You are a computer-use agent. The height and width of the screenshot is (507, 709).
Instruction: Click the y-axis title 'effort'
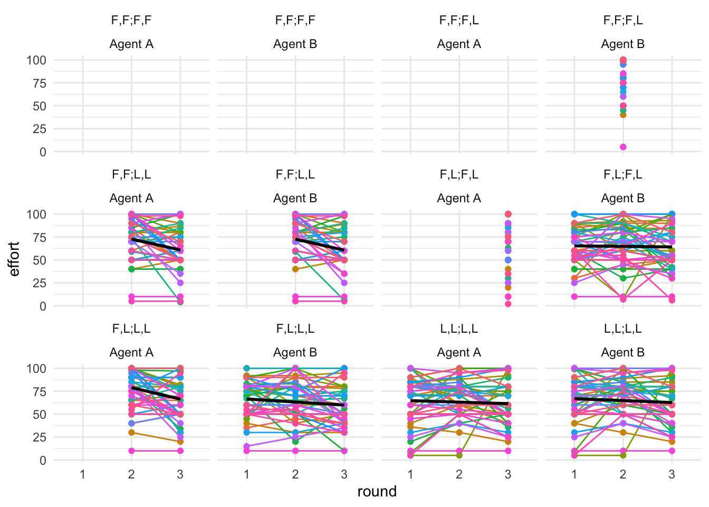pyautogui.click(x=15, y=259)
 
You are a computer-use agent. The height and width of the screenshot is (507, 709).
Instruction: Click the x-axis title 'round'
pyautogui.click(x=377, y=492)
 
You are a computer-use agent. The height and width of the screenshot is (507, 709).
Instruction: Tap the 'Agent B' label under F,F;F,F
pyautogui.click(x=295, y=44)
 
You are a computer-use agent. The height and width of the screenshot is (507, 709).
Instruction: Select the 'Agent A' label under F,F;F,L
pyautogui.click(x=459, y=44)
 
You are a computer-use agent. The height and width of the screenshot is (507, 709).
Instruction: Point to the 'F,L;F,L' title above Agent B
pyautogui.click(x=622, y=175)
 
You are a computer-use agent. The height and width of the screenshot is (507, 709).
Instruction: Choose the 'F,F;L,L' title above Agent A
pyautogui.click(x=131, y=175)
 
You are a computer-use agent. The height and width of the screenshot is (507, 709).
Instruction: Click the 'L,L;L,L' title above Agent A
pyautogui.click(x=459, y=329)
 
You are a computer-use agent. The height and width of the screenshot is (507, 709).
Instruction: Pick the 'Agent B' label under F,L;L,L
pyautogui.click(x=295, y=352)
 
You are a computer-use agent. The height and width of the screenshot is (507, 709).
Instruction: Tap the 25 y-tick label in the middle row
pyautogui.click(x=40, y=283)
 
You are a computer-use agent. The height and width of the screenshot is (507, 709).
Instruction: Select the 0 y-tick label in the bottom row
pyautogui.click(x=42, y=460)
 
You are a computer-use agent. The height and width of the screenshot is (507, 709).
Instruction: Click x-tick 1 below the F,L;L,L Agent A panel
pyautogui.click(x=83, y=474)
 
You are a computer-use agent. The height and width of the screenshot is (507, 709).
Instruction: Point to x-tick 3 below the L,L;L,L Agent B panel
pyautogui.click(x=672, y=474)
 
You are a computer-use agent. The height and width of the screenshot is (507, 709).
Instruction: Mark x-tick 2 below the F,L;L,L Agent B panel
pyautogui.click(x=295, y=474)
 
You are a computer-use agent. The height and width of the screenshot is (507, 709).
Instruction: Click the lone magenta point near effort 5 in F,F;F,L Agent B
pyautogui.click(x=623, y=147)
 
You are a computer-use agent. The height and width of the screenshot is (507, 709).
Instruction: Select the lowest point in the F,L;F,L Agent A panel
pyautogui.click(x=508, y=304)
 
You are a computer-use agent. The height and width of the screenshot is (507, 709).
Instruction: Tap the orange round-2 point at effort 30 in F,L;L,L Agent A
pyautogui.click(x=131, y=433)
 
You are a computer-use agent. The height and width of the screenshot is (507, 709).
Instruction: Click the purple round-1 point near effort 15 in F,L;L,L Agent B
pyautogui.click(x=246, y=446)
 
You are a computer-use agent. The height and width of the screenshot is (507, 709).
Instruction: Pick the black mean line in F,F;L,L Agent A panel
pyautogui.click(x=156, y=245)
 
